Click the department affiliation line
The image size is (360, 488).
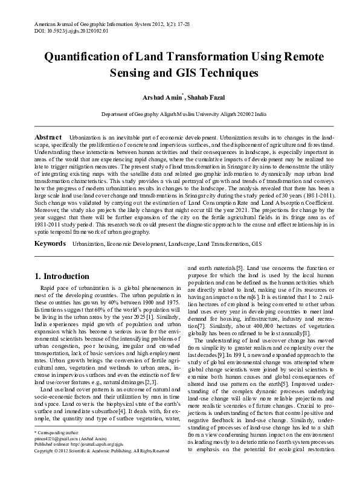coord(180,113)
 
